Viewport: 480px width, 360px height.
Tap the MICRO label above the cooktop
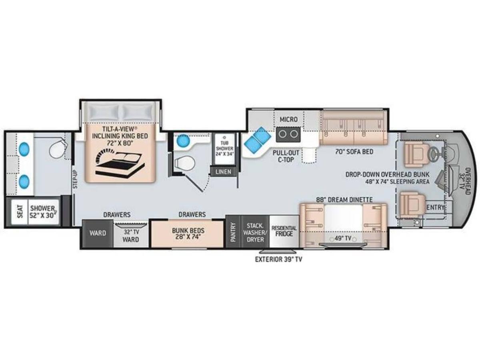pos(289,119)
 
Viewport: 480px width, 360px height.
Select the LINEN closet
pos(223,172)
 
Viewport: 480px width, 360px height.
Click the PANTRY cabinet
pos(233,232)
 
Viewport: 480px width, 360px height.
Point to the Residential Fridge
pos(284,232)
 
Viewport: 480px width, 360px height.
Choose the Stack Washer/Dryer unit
pos(255,232)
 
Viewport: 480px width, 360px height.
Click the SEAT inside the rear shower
pos(20,211)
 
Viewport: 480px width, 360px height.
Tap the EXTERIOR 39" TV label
pos(278,260)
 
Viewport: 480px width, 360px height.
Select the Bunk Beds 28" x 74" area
pos(188,234)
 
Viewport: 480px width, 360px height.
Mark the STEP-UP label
pos(76,179)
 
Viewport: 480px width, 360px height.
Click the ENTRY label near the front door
pos(435,207)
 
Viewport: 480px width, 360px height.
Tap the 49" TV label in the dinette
pos(343,238)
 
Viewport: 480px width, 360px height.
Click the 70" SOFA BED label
pos(354,152)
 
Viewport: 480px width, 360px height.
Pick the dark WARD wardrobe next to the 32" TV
pos(98,234)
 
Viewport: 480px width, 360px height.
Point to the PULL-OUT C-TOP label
pos(286,156)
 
